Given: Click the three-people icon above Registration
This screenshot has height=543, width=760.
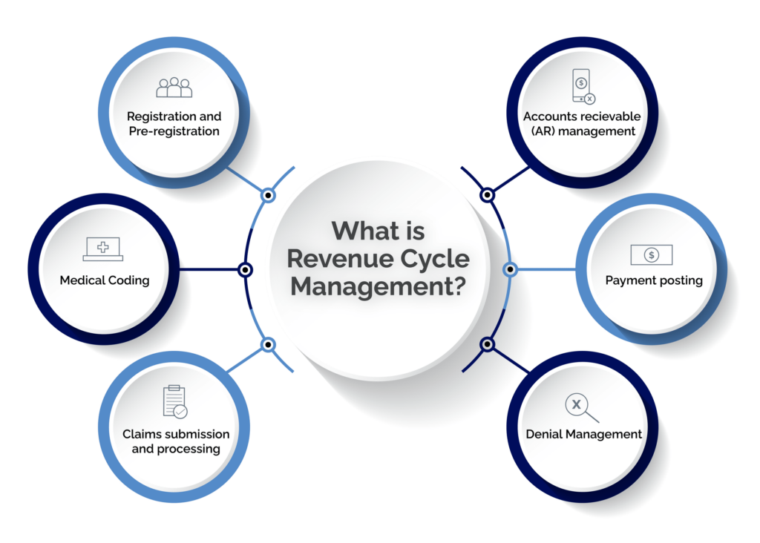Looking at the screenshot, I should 174,88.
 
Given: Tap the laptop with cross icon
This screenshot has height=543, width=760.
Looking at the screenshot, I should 103,249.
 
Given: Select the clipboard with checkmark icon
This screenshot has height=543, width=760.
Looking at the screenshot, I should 175,401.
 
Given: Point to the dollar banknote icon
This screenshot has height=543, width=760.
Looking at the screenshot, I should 651,254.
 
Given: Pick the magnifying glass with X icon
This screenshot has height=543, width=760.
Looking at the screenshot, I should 580,407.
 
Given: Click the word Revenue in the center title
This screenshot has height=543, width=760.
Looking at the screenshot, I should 332,258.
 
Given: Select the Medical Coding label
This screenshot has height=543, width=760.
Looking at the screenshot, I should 105,280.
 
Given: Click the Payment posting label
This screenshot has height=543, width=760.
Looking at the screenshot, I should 654,280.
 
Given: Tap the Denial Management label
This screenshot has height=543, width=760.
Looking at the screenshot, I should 584,434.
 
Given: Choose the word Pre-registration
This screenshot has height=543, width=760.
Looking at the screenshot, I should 174,131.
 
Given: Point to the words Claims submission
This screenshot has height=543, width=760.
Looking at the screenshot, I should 176,434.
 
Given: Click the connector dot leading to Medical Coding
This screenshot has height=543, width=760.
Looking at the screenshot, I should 245,270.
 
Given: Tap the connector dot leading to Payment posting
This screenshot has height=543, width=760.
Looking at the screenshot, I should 509,269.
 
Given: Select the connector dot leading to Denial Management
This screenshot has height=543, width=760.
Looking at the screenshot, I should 487,344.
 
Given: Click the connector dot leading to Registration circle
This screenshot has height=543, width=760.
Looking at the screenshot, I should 269,196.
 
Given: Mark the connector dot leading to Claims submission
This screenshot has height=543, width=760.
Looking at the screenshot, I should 269,344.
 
